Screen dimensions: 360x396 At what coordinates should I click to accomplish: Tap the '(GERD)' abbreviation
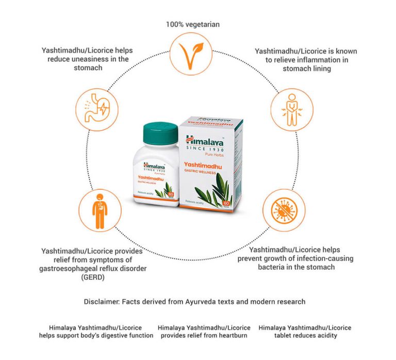[53, 277]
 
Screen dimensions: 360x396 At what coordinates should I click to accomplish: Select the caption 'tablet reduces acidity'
[305, 335]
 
